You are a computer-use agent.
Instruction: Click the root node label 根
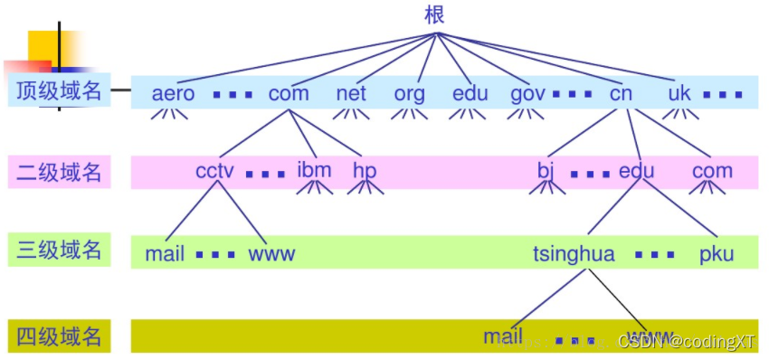click(x=434, y=15)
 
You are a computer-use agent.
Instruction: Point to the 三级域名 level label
click(x=59, y=251)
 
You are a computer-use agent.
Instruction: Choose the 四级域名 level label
click(x=59, y=337)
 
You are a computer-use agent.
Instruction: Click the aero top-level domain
click(x=173, y=93)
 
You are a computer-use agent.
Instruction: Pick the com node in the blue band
click(x=289, y=93)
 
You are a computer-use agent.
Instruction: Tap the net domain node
click(x=351, y=93)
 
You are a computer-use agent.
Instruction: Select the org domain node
click(x=410, y=93)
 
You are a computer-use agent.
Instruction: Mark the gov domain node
click(x=527, y=93)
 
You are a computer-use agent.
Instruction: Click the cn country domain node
click(x=621, y=93)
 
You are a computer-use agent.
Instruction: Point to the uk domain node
click(x=679, y=93)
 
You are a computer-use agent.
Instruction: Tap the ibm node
click(x=314, y=170)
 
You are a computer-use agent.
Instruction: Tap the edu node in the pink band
click(x=636, y=171)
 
